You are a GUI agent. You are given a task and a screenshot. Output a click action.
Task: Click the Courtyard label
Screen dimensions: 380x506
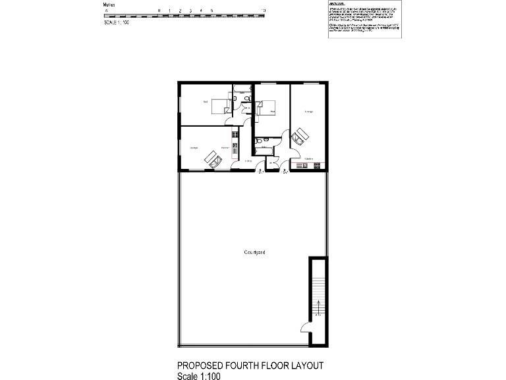click(254, 253)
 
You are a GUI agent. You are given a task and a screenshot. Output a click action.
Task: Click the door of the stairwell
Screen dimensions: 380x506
click(305, 327)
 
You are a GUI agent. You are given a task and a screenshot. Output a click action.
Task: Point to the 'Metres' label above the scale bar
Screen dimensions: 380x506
click(110, 5)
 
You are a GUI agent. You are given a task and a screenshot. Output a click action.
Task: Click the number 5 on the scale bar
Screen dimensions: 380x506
click(211, 11)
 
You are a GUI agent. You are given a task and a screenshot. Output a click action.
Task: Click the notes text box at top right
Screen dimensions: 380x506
click(364, 20)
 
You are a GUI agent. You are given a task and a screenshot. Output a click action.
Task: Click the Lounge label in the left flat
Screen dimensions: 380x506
click(194, 148)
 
